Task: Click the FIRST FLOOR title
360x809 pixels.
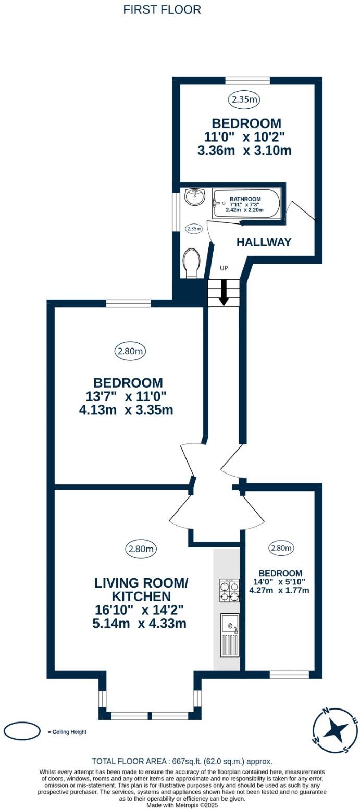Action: pos(162,10)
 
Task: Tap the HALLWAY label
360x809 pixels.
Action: pos(264,242)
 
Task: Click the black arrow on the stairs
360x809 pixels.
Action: pos(224,292)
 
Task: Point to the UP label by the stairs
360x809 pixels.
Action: pos(224,268)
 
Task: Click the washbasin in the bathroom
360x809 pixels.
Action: pos(195,197)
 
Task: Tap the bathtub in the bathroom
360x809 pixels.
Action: pos(246,204)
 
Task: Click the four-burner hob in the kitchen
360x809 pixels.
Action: pos(229,591)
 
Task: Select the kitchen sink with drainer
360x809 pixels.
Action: pos(229,635)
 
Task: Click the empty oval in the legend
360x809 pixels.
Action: pos(22,732)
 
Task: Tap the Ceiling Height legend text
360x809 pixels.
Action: pos(67,732)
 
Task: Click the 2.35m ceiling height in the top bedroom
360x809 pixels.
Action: pos(244,99)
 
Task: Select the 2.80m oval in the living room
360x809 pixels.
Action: pos(141,550)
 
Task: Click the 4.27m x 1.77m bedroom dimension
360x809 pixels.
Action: pos(279,591)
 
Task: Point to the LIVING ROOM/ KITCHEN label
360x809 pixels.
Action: pos(141,589)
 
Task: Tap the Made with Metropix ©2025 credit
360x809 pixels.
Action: pos(182,805)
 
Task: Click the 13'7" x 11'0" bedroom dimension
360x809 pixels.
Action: pos(126,396)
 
